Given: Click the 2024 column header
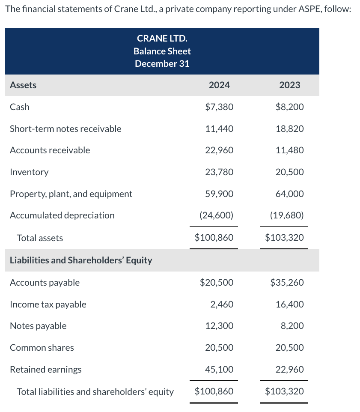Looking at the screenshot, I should [219, 85].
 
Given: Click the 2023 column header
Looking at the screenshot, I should [289, 85].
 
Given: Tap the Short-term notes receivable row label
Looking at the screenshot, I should [65, 129].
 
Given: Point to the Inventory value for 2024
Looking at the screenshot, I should [219, 172].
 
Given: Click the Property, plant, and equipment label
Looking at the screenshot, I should [71, 194].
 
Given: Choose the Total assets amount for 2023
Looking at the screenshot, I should [284, 238].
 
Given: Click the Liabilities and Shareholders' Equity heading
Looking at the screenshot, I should [81, 260].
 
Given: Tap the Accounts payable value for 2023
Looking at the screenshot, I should [287, 283].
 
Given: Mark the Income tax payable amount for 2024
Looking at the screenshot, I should [222, 305].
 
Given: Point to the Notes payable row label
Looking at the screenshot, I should [38, 326].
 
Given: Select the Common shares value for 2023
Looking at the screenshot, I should [290, 348].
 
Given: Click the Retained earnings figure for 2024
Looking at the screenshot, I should [220, 369].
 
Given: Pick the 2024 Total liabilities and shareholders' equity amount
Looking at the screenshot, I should [214, 391].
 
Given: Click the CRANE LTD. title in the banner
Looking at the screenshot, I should [162, 39].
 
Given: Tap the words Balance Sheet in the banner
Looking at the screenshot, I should [162, 51].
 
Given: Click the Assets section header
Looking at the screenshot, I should [23, 85].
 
